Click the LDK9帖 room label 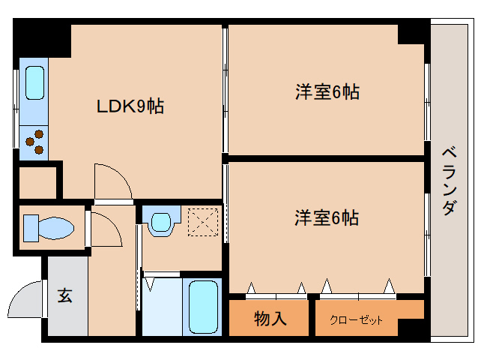point(130,106)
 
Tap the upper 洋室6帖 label point(327,91)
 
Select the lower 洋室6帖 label point(327,217)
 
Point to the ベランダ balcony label point(450,181)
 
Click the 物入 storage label point(270,319)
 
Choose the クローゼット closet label point(356,320)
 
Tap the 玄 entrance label point(64,295)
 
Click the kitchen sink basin point(34,83)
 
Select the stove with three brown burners point(34,142)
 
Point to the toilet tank point(31,228)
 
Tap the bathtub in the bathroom point(203,307)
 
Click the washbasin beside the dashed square point(161,221)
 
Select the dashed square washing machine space point(203,222)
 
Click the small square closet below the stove point(37,183)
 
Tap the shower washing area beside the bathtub point(162,307)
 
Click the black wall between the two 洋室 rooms point(327,158)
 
